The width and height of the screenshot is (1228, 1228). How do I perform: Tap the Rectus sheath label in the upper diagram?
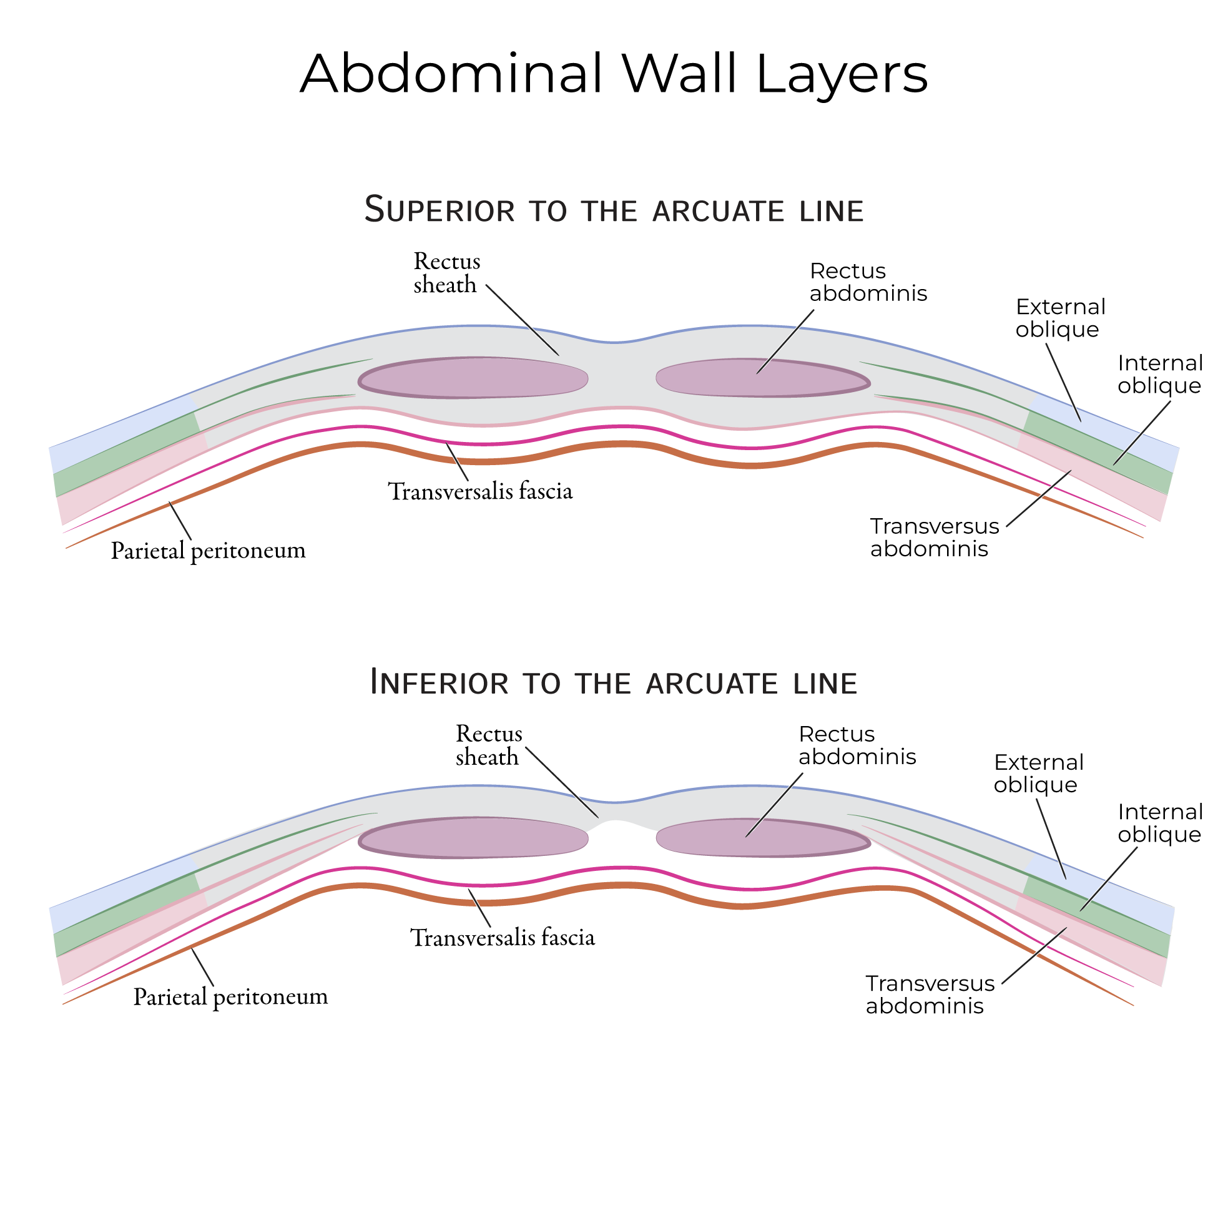point(446,273)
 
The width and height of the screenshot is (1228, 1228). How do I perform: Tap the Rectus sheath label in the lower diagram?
point(488,745)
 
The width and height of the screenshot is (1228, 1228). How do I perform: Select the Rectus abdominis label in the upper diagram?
point(868,282)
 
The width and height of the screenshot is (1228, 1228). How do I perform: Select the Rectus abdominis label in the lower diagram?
point(857,745)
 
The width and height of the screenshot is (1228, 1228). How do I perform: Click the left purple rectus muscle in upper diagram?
point(473,378)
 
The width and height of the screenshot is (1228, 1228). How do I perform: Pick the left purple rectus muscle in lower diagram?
point(473,838)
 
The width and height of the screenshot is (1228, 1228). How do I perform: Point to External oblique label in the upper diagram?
point(1060,318)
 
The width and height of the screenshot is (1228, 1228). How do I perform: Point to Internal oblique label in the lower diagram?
point(1160,823)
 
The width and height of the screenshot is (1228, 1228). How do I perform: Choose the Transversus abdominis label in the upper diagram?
point(934,537)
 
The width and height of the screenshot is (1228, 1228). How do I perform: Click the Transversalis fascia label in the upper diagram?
point(481,491)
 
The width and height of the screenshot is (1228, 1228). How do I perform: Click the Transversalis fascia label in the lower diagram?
point(502,938)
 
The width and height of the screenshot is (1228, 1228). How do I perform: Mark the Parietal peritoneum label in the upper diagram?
point(209,551)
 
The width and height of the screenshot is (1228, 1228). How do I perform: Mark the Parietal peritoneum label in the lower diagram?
point(230,996)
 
